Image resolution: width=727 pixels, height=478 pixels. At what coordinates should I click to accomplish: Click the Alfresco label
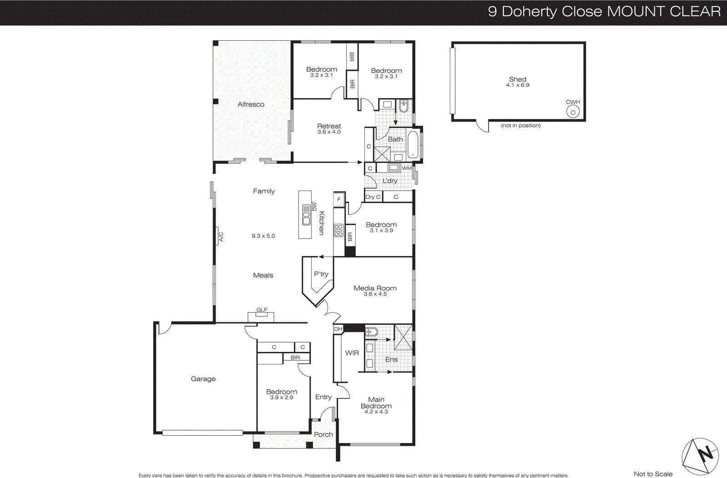pos(251,104)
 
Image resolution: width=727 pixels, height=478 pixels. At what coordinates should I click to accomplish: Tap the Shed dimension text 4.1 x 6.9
pos(518,85)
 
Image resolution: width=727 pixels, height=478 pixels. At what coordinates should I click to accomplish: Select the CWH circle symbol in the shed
pos(573,112)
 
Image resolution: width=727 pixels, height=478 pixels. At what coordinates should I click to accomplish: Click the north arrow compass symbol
pos(701,456)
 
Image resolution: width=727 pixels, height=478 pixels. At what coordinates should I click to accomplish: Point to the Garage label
pos(203,379)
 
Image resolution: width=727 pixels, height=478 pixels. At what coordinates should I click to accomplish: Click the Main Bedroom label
pos(376,403)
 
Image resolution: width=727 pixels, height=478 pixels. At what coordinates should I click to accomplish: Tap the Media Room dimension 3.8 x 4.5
pos(375,294)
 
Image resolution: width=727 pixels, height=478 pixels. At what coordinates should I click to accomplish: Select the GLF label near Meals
pos(262,310)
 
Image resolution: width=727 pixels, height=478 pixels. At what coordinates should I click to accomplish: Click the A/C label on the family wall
pos(221,237)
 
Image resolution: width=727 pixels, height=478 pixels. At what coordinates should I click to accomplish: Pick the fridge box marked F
pos(339,199)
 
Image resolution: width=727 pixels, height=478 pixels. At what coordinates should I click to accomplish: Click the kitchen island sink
pos(306,215)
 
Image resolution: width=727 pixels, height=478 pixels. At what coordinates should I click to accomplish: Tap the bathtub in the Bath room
pos(413,144)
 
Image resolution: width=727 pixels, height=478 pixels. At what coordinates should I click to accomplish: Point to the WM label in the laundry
pos(407,168)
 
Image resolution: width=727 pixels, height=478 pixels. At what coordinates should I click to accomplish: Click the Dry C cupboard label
pos(373,197)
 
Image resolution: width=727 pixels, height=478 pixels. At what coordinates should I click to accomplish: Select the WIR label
pos(352,353)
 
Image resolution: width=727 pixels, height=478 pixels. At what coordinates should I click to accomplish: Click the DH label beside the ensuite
pos(338,329)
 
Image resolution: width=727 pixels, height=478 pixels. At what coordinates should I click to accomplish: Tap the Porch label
pos(323,434)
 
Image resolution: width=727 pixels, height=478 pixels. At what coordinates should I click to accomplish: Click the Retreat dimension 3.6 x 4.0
pos(329,132)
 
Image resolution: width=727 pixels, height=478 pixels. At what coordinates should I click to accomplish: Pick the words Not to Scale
pos(653,474)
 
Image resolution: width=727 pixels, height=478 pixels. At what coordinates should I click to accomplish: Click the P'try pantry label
pos(321,274)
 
